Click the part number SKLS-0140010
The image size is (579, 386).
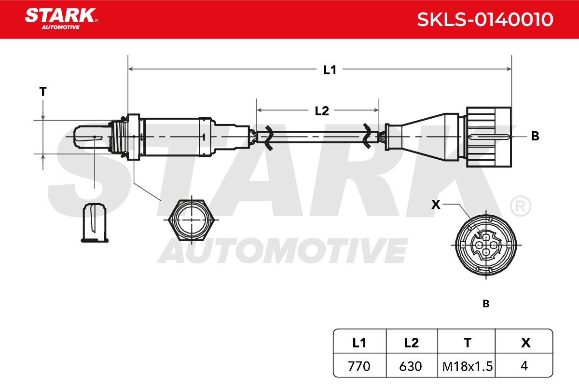click(x=485, y=19)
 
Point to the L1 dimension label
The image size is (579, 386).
click(x=330, y=70)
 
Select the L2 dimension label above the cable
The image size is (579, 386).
click(x=322, y=111)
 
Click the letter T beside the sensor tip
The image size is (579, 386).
click(x=43, y=92)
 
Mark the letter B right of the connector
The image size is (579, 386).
click(x=535, y=136)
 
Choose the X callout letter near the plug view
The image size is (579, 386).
click(x=436, y=205)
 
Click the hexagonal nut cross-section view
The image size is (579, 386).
click(x=191, y=220)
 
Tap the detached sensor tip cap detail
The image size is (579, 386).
click(x=95, y=223)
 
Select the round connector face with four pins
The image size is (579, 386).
click(x=486, y=245)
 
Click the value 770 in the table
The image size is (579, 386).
click(x=359, y=366)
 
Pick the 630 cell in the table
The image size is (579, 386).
click(x=411, y=366)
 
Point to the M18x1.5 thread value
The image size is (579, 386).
click(x=468, y=366)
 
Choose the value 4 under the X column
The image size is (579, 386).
click(x=524, y=366)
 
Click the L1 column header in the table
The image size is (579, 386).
click(x=359, y=343)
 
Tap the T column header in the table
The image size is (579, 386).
click(x=468, y=343)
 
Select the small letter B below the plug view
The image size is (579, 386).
click(x=486, y=304)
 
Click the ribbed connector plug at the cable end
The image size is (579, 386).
click(x=488, y=137)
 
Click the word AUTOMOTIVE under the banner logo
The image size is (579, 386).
click(x=61, y=27)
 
